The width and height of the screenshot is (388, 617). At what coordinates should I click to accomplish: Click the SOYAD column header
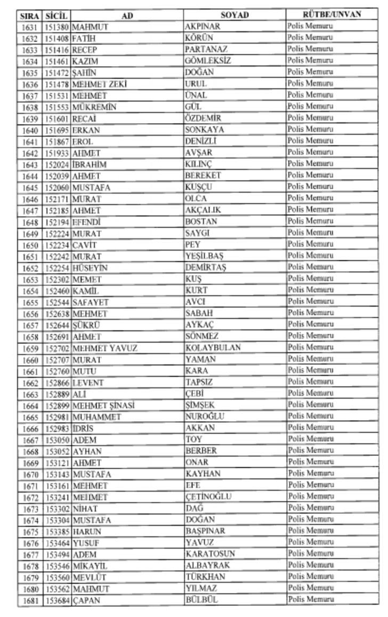tap(235, 15)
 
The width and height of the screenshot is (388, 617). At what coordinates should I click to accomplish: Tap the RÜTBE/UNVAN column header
tap(332, 14)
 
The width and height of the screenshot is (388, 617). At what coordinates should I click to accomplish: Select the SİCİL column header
tap(56, 15)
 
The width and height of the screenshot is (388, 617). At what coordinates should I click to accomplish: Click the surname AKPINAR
tap(203, 26)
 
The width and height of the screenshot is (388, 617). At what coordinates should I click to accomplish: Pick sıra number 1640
tap(30, 130)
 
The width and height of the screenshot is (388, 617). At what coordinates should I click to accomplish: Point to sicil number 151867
tap(57, 141)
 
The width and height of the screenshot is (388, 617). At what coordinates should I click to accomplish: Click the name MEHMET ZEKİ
tap(100, 84)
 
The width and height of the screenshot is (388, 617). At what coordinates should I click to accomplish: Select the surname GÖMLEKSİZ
tap(208, 61)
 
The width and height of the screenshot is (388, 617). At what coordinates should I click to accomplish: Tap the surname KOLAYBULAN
tap(213, 348)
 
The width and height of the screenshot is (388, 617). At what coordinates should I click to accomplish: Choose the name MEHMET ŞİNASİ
tap(103, 405)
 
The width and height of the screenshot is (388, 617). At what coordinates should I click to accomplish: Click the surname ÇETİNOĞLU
tap(208, 496)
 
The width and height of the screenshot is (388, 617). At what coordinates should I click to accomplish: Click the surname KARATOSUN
tap(210, 554)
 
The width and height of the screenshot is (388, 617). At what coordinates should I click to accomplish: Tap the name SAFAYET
tap(91, 302)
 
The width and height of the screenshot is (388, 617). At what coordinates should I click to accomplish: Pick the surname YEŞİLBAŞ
tap(205, 256)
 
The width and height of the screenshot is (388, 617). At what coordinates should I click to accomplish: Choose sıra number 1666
tap(30, 428)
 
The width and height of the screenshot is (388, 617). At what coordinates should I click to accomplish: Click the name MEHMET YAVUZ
tap(105, 348)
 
